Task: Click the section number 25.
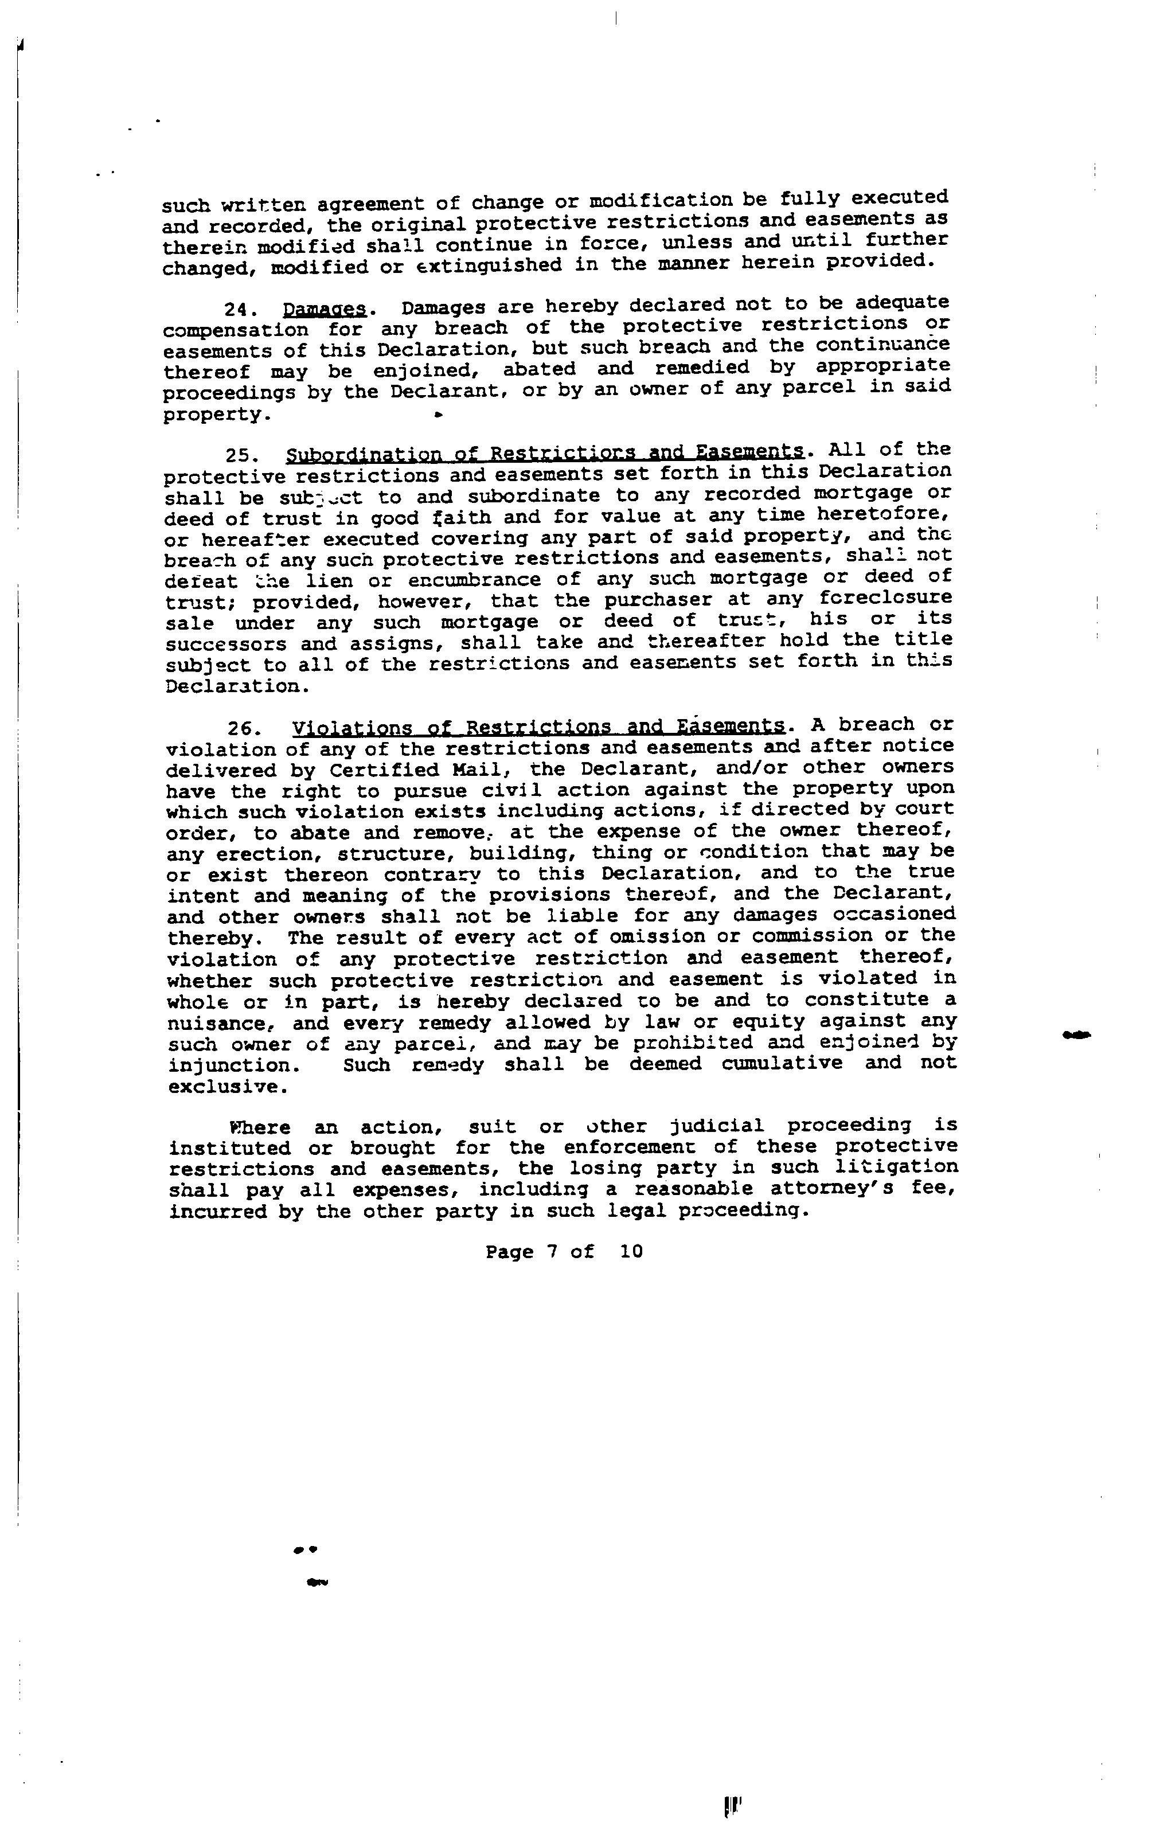[x=240, y=456]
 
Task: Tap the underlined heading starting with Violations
[x=538, y=725]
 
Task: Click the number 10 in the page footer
[x=631, y=1251]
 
